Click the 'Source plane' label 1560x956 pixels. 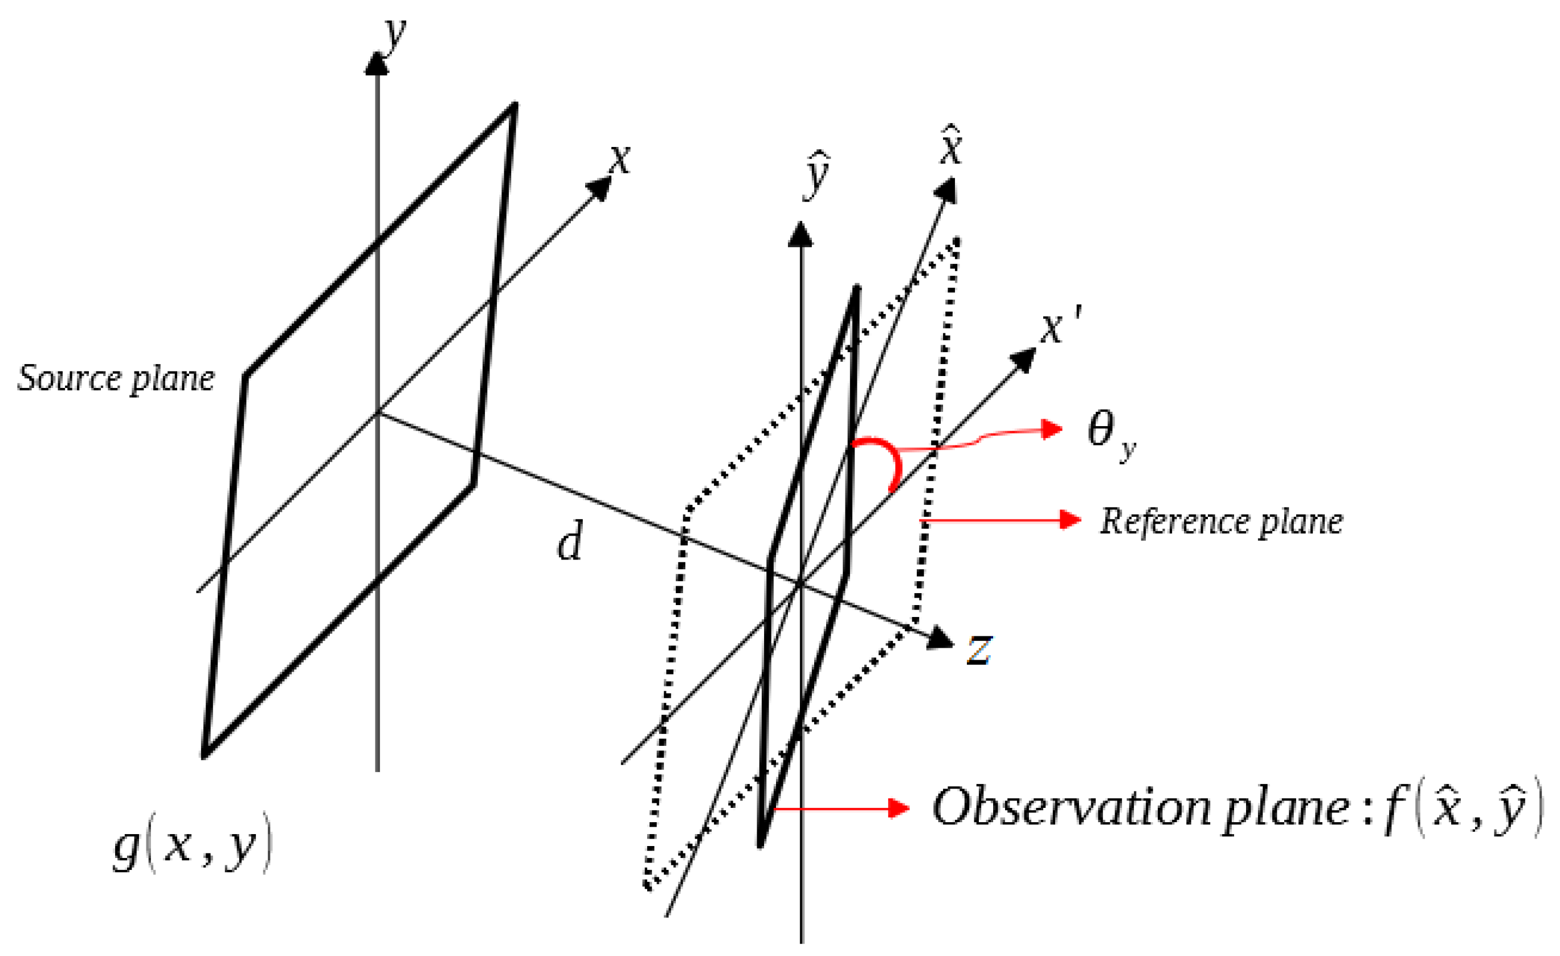point(116,379)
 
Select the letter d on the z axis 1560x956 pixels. point(569,542)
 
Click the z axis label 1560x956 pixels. point(979,649)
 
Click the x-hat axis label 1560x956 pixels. point(951,147)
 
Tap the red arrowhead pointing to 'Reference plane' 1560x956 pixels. point(1071,520)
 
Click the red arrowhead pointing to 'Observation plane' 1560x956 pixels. point(899,808)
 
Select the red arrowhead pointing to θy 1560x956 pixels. point(1052,429)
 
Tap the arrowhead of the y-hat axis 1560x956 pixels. point(801,235)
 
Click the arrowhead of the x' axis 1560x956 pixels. point(1023,360)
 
